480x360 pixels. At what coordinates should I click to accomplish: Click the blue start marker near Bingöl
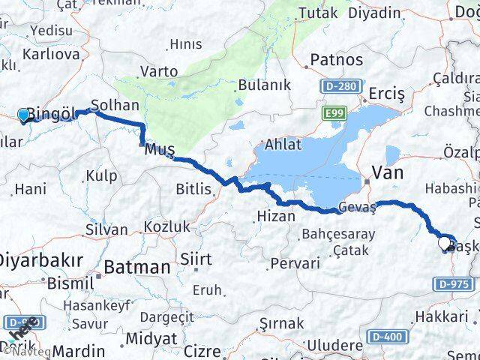[x=24, y=115]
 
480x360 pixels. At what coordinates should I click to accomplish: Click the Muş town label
[x=159, y=149]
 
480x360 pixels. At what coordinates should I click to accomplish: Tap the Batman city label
[x=136, y=266]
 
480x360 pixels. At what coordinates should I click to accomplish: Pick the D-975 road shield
[x=453, y=285]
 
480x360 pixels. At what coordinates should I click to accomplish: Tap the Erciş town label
[x=387, y=94]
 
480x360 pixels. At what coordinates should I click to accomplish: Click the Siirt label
[x=195, y=259]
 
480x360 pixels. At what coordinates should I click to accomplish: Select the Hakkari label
[x=441, y=316]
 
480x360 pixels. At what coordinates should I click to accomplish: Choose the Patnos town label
[x=337, y=60]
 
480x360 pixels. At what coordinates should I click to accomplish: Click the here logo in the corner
[x=22, y=328]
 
